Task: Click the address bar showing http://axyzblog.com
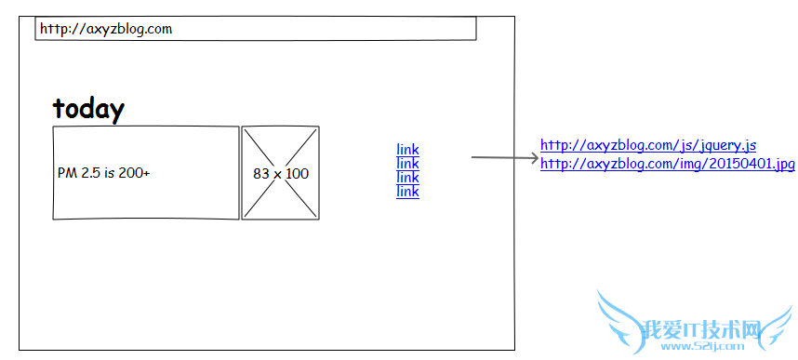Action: tap(256, 29)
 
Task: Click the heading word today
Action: tap(88, 109)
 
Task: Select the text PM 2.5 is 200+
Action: tap(103, 173)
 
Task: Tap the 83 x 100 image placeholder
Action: tap(280, 173)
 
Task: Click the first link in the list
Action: tap(407, 149)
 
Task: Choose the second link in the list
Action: tap(407, 163)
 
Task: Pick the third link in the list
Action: tap(407, 177)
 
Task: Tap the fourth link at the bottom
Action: tap(407, 191)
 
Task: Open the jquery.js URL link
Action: tap(647, 145)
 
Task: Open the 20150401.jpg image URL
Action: tap(667, 164)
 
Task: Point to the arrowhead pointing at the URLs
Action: tap(533, 158)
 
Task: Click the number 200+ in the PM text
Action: tap(133, 173)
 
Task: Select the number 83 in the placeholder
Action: tap(260, 173)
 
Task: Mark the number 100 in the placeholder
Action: tap(298, 173)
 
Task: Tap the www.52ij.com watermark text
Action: tap(717, 347)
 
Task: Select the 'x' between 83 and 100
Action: tap(277, 174)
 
